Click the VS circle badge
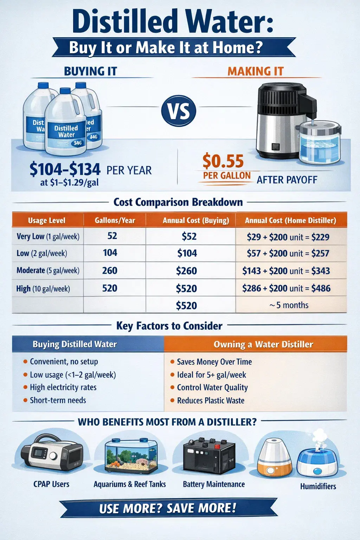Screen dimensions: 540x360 click(x=179, y=111)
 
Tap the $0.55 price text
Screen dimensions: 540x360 click(x=223, y=161)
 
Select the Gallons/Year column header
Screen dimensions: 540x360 click(x=115, y=220)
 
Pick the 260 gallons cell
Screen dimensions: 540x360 click(x=110, y=271)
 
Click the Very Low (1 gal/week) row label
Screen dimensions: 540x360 click(x=48, y=237)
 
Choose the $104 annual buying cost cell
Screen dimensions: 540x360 click(x=187, y=253)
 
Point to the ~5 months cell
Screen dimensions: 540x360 click(x=289, y=305)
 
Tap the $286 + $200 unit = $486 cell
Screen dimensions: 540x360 click(x=286, y=288)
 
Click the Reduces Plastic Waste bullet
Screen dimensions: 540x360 click(x=210, y=400)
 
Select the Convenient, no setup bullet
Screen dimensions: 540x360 click(x=64, y=361)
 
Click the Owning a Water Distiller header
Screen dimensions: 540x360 click(x=263, y=344)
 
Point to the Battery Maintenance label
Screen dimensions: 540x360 click(x=214, y=484)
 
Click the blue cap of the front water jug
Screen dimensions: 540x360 click(x=65, y=91)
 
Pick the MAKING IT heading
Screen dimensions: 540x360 click(x=255, y=71)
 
